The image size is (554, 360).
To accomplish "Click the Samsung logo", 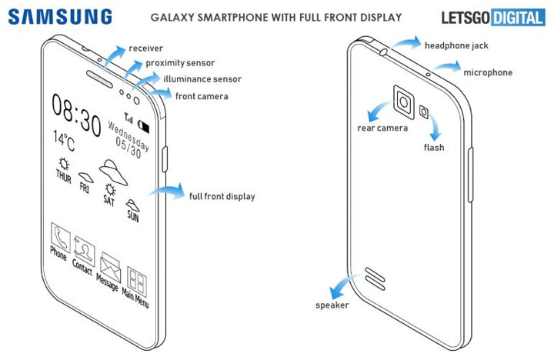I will [x=61, y=16].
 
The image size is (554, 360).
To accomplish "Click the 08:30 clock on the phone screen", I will [x=76, y=117].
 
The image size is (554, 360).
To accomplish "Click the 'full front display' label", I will [x=222, y=196].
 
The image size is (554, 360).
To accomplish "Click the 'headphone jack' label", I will [x=456, y=45].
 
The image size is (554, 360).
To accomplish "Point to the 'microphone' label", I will [x=487, y=72].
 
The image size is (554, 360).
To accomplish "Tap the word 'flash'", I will [x=434, y=147].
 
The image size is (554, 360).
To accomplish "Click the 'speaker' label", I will [x=332, y=305].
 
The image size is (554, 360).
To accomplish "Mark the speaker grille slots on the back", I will [x=376, y=275].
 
